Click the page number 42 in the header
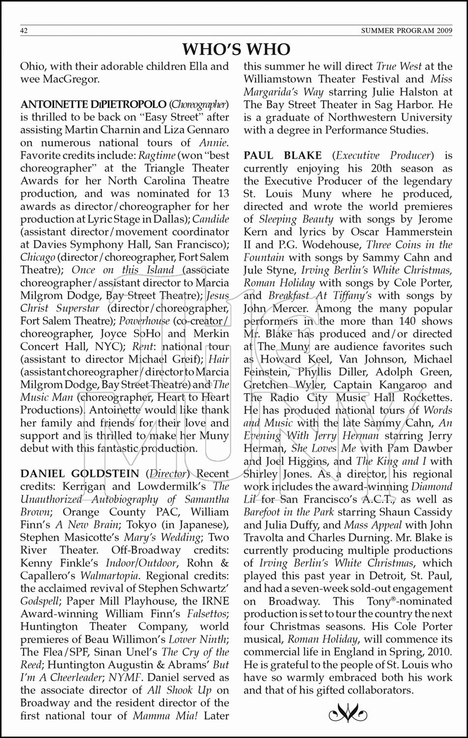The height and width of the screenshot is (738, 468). [24, 31]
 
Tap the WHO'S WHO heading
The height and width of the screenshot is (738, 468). [236, 49]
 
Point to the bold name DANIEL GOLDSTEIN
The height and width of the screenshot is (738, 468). [80, 474]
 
